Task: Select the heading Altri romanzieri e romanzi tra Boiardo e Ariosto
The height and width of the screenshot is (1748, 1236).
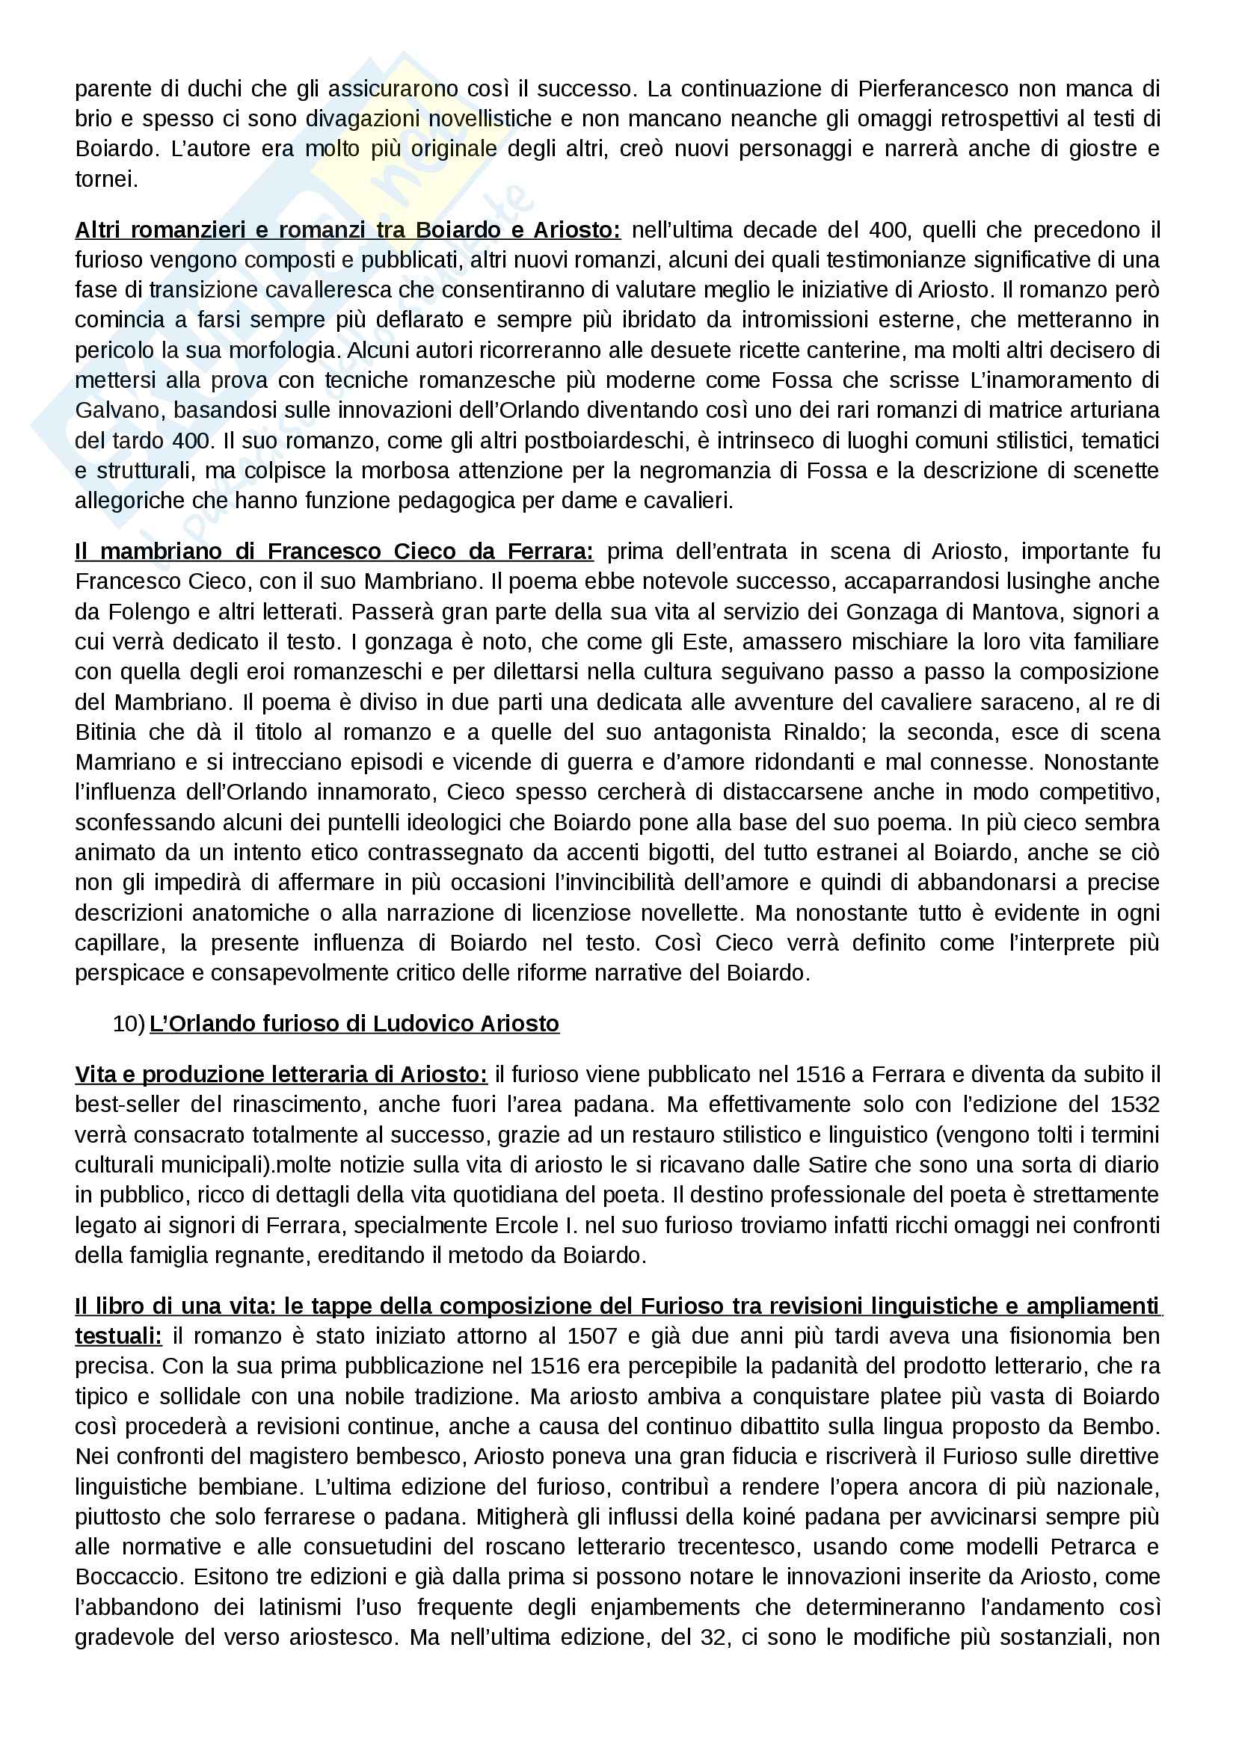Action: (x=348, y=230)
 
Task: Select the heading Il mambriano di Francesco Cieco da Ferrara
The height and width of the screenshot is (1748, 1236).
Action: (x=334, y=552)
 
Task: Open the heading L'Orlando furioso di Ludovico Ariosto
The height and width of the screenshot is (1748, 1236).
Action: (x=354, y=1024)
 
